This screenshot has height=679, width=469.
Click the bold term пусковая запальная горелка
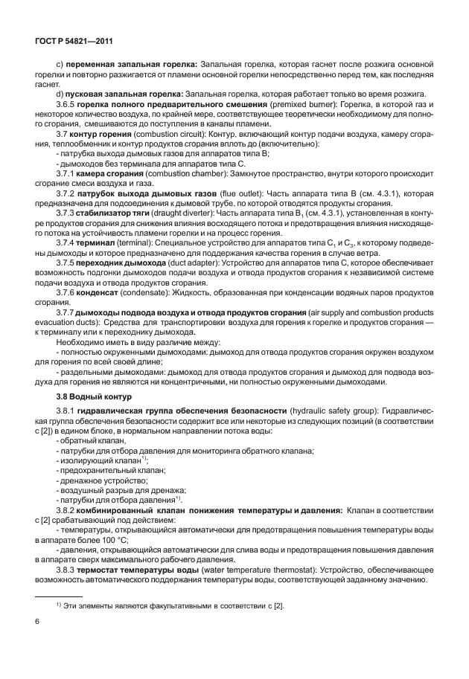(124, 93)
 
